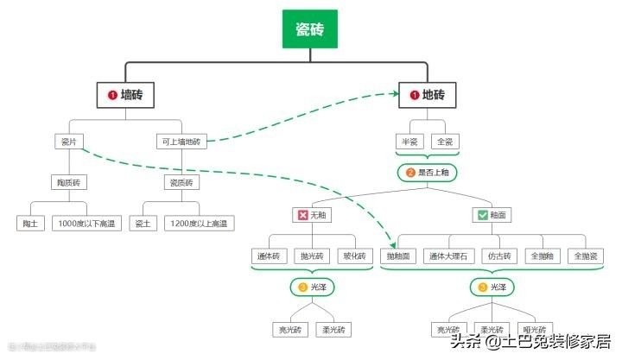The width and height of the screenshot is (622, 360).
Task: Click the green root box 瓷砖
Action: (x=310, y=31)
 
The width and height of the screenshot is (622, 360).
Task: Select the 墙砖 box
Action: (x=124, y=95)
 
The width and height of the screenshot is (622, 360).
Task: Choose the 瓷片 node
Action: (x=68, y=141)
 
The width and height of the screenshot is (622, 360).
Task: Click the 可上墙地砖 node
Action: (x=181, y=141)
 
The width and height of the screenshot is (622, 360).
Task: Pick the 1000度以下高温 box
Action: (x=84, y=224)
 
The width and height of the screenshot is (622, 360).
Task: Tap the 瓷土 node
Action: (x=143, y=224)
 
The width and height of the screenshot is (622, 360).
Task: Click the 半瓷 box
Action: (x=408, y=141)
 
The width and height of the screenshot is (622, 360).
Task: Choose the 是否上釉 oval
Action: (x=427, y=173)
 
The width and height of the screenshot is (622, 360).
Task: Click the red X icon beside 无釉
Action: (x=302, y=215)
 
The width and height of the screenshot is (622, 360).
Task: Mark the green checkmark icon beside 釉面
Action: (x=482, y=215)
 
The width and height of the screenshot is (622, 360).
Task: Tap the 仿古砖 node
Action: (x=500, y=256)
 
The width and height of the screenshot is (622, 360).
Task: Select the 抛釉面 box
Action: (x=402, y=256)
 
